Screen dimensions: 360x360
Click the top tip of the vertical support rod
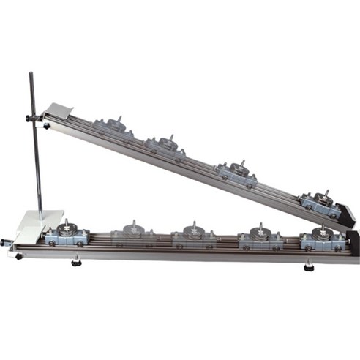(31, 73)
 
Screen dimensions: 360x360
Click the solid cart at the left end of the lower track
(67, 236)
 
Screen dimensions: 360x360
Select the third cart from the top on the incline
(235, 173)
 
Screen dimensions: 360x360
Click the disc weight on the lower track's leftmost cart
(67, 229)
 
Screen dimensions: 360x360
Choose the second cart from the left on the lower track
(134, 236)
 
